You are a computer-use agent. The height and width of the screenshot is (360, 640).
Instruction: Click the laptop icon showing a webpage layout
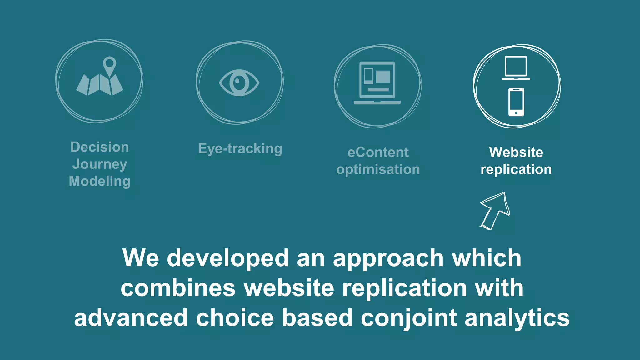(377, 83)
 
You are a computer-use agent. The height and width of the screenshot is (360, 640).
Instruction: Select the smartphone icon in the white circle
(516, 102)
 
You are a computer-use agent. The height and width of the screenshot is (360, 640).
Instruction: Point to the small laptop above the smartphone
(516, 67)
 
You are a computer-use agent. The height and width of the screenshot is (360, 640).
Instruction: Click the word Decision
(100, 147)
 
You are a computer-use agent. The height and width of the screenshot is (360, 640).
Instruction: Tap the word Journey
(100, 164)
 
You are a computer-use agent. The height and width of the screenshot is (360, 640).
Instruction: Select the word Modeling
(100, 181)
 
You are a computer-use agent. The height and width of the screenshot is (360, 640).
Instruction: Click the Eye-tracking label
(240, 148)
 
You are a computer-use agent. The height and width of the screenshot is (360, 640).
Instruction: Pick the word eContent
(378, 152)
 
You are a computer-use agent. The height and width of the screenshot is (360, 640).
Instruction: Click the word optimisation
(378, 169)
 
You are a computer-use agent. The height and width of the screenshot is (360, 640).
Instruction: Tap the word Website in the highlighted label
(516, 152)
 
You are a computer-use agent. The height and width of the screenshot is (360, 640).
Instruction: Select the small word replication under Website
(516, 169)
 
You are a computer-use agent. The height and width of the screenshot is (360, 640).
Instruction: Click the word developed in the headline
(228, 258)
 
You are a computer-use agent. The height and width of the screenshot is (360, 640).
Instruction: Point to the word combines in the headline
(178, 288)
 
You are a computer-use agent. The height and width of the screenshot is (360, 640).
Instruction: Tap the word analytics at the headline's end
(517, 318)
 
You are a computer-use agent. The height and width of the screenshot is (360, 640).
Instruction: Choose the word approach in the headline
(388, 258)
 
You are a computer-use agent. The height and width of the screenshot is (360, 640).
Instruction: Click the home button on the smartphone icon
(516, 113)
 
